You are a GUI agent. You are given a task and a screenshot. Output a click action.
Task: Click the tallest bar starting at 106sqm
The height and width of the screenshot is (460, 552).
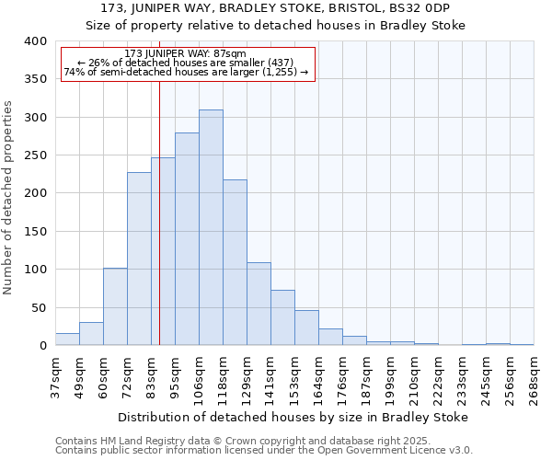point(211,228)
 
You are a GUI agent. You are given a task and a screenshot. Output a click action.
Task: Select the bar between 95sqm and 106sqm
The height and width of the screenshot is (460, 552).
point(187,239)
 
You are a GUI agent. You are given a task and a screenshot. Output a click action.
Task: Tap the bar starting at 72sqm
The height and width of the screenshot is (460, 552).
point(139,259)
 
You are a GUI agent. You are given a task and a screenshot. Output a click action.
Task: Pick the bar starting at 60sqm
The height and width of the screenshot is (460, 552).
point(115,307)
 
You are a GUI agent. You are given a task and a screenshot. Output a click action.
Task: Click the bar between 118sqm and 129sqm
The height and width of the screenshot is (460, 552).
point(235,263)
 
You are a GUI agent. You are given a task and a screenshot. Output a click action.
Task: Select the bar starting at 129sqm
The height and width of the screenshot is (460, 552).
point(259,305)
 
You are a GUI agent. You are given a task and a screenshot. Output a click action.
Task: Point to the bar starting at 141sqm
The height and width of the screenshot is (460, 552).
point(282,318)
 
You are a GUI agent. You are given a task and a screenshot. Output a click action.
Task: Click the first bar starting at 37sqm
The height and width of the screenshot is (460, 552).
point(67,339)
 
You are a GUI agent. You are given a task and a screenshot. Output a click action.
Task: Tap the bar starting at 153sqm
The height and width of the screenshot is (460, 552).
point(306,328)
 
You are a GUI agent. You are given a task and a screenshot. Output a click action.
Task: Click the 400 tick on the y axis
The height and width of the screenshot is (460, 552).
point(35,41)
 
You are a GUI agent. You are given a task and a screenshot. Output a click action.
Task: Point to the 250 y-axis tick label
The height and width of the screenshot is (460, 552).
point(35,155)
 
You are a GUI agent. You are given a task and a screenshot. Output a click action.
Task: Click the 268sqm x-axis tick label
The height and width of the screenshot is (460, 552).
point(534,377)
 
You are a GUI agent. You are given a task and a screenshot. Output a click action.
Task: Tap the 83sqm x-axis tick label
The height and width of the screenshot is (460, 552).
point(151,377)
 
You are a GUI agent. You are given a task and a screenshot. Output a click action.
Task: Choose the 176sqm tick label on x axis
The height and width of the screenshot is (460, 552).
point(342,377)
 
